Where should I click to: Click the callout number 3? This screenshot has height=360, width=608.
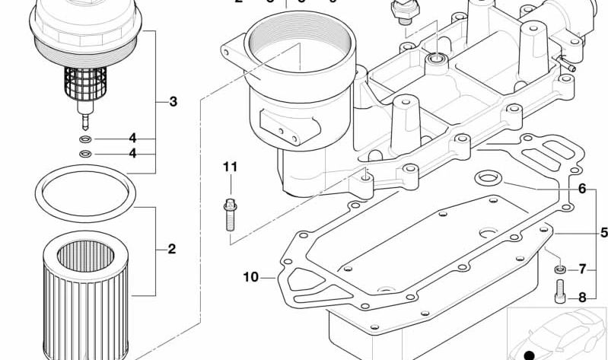click(173, 101)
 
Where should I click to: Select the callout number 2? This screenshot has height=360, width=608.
click(172, 249)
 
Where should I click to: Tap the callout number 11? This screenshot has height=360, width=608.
click(231, 167)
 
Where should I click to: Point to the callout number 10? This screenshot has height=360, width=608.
click(251, 277)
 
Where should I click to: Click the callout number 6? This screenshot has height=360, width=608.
click(582, 189)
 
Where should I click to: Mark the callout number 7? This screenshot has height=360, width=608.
click(582, 269)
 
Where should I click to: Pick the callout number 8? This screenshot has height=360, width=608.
click(582, 298)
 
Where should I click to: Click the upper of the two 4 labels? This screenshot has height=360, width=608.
click(132, 139)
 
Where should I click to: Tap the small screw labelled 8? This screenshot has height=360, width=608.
click(560, 290)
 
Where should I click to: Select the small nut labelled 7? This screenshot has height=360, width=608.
click(559, 269)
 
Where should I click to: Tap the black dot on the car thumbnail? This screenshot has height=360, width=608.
click(530, 354)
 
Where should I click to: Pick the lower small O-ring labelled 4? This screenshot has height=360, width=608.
click(85, 154)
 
